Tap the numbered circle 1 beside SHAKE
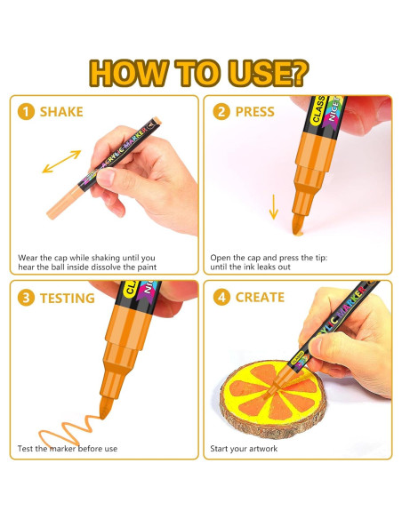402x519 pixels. click(x=26, y=112)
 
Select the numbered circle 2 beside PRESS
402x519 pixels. click(x=221, y=112)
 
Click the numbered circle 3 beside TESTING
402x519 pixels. click(x=26, y=298)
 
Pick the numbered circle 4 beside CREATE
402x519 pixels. click(x=221, y=297)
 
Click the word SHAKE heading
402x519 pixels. click(x=61, y=112)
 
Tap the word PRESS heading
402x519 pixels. click(x=254, y=112)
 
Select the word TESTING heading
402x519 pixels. click(x=68, y=298)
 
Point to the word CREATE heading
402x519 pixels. click(x=260, y=298)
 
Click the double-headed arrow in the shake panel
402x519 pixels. click(x=61, y=162)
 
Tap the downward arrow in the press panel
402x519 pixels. click(x=274, y=207)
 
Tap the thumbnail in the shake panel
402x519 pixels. click(x=106, y=178)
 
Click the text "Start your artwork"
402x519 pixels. click(x=244, y=449)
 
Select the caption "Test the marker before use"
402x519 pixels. click(x=68, y=449)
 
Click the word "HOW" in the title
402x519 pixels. click(x=129, y=73)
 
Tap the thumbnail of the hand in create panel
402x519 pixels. click(x=317, y=346)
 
